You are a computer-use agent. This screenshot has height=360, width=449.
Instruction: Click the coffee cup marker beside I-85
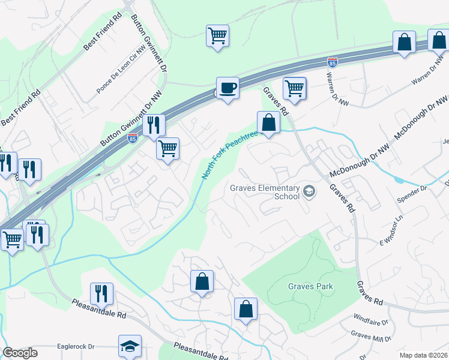[x=228, y=89]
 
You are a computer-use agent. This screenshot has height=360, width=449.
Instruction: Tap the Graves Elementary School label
[x=265, y=191]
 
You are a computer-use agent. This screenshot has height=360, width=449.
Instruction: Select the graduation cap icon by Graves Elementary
[x=309, y=191]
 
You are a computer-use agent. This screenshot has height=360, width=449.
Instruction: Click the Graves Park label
[x=310, y=286]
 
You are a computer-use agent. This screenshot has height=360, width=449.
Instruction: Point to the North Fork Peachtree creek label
[x=229, y=155]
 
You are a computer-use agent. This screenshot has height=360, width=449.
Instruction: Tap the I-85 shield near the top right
[x=333, y=62]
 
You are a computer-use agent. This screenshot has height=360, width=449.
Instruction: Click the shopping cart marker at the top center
[x=217, y=35]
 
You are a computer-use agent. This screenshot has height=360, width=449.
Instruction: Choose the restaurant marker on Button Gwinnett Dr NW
[x=154, y=125]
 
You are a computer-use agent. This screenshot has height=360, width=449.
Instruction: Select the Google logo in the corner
[x=20, y=353]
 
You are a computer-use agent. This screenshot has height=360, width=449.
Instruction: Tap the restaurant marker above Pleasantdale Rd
[x=101, y=293]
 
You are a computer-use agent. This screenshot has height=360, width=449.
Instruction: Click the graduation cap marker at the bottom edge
[x=130, y=346]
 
